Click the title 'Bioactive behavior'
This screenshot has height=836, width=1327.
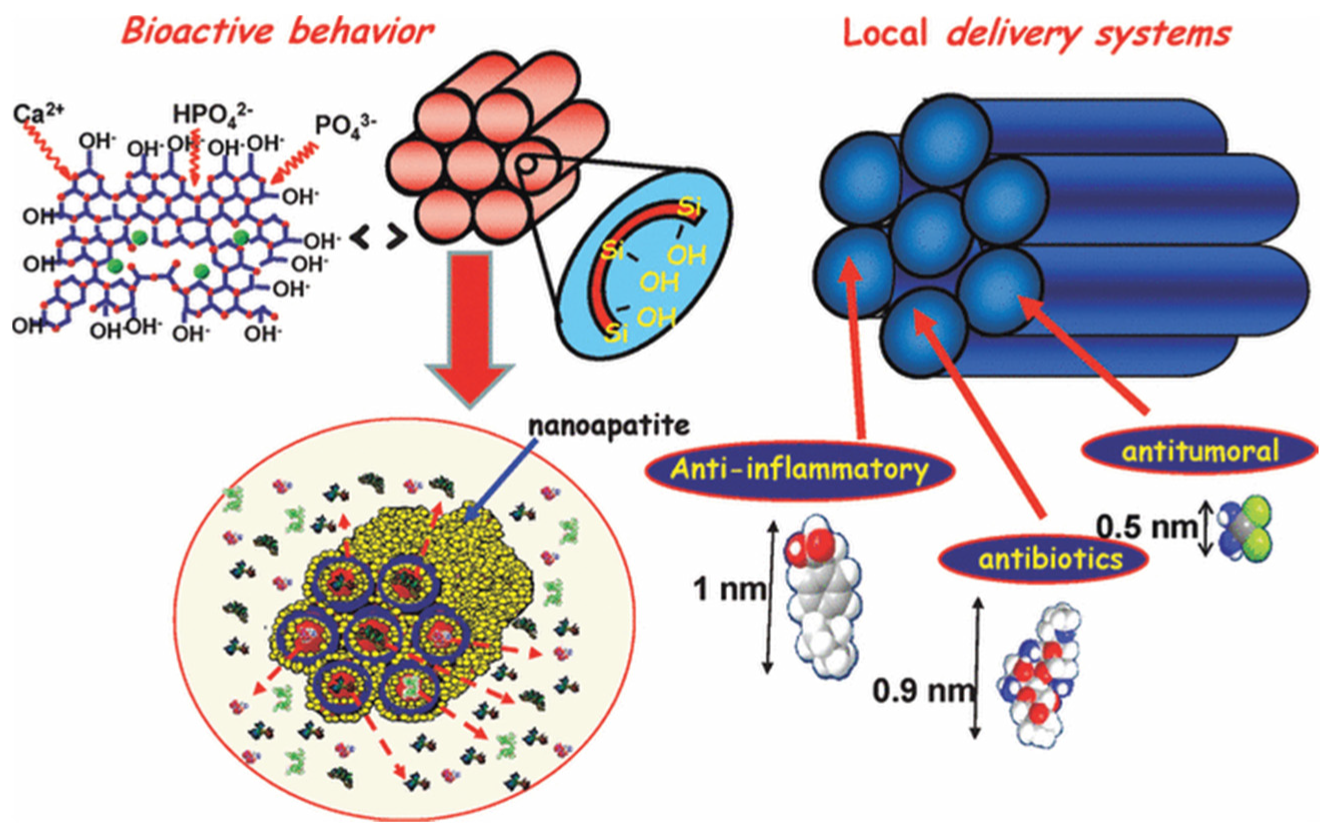[x=277, y=31]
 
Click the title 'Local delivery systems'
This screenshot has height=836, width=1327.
[x=1036, y=34]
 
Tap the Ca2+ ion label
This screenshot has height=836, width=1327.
[x=38, y=113]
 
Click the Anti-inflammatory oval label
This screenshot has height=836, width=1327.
[x=798, y=470]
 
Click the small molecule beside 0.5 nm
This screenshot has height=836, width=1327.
[x=1248, y=529]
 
